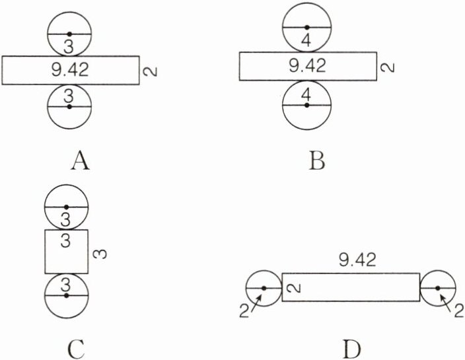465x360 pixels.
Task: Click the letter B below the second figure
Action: click(316, 159)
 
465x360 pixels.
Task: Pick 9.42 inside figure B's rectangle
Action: click(308, 66)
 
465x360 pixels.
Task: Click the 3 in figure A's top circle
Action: click(69, 44)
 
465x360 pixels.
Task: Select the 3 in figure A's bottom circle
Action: click(69, 97)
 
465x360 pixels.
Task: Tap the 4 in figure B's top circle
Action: click(306, 39)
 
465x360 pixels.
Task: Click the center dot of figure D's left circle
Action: click(264, 288)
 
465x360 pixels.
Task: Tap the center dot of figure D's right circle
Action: click(438, 288)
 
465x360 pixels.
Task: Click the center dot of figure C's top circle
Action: click(66, 207)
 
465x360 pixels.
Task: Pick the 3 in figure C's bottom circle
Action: click(65, 285)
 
